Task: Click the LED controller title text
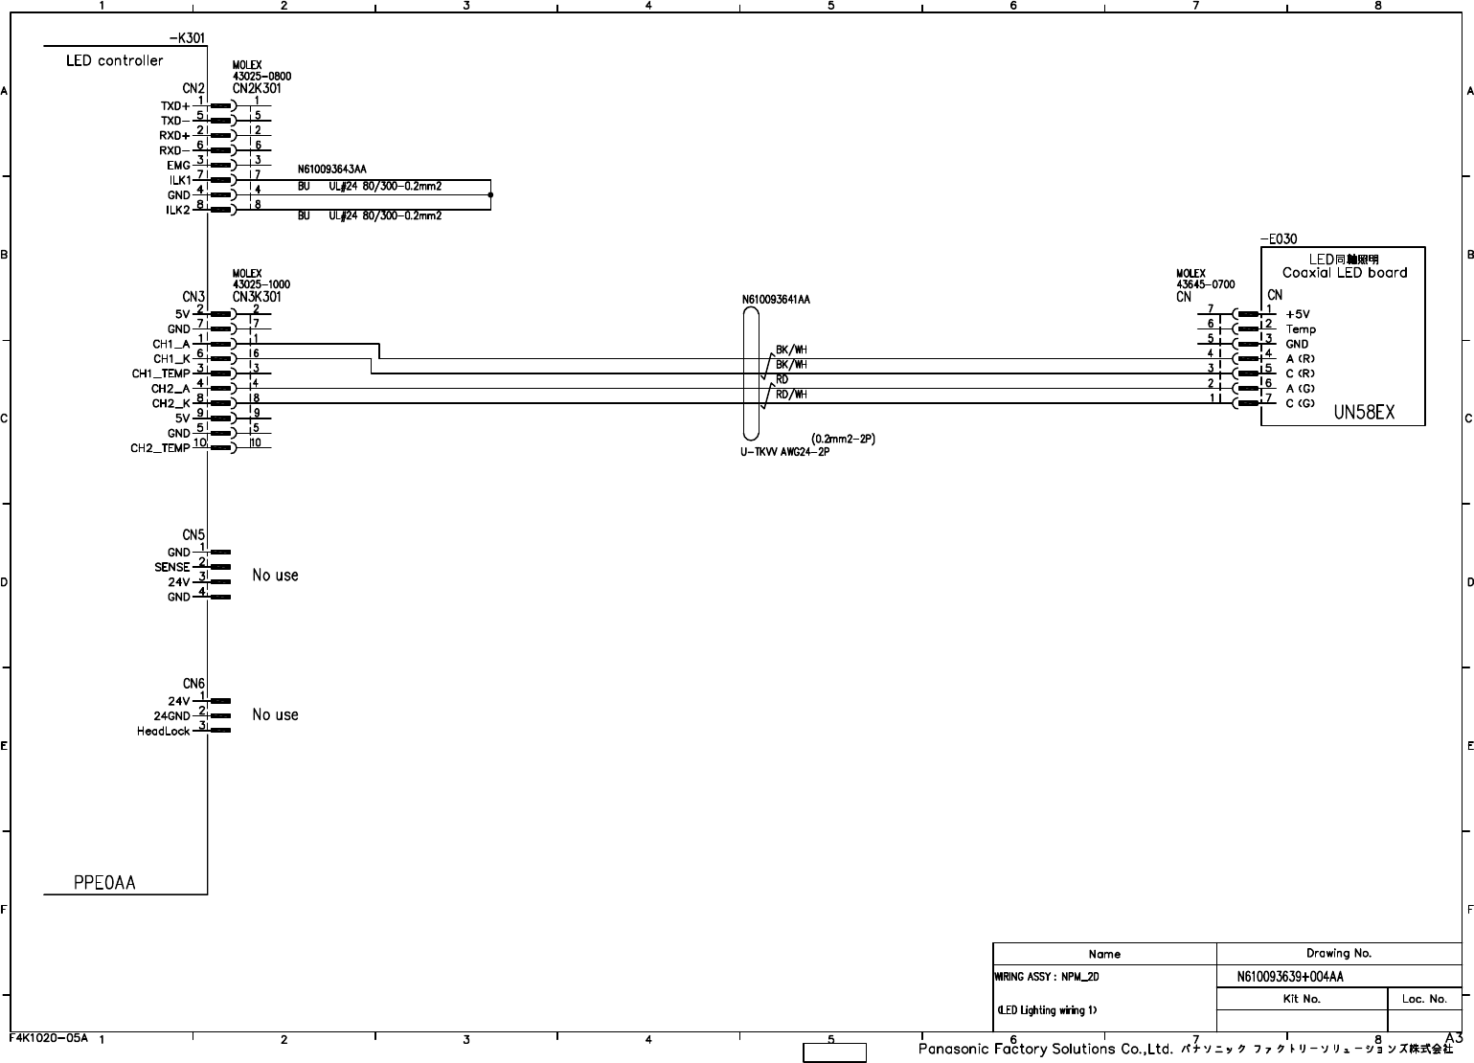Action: pos(114,60)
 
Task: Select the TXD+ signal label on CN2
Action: pos(175,106)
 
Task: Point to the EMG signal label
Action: pos(178,166)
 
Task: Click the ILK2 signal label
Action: pos(179,211)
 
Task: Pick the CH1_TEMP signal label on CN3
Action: pos(161,373)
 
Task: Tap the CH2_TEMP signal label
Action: pos(160,448)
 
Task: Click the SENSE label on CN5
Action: pos(172,567)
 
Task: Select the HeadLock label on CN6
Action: pos(164,732)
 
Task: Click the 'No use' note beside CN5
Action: pos(275,576)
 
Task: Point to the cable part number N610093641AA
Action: pos(776,300)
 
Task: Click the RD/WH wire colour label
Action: pos(791,395)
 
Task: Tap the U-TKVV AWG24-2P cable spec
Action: pos(784,452)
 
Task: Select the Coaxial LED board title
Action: pos(1345,272)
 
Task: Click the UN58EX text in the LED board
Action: pos(1365,413)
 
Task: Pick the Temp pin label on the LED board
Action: pos(1301,329)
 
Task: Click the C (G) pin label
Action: pos(1300,403)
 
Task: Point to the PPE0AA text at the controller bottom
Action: pos(104,882)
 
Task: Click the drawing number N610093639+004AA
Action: pos(1290,977)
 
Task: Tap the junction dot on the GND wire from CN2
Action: pos(490,194)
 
